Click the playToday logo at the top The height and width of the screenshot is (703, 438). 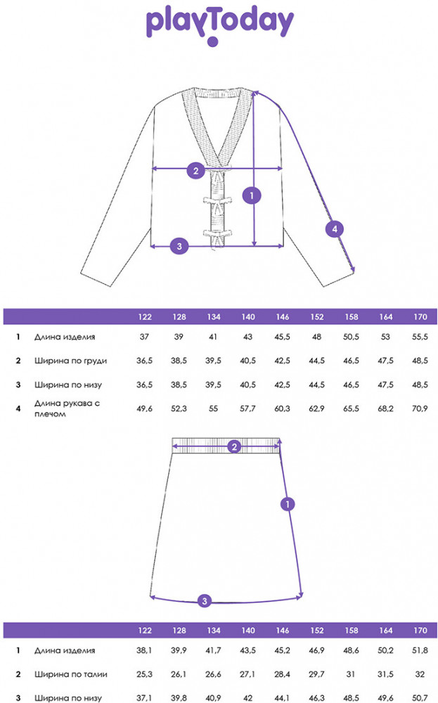[x=219, y=25]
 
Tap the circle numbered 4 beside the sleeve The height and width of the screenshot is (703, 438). [x=335, y=229]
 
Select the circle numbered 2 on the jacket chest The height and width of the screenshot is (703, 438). [x=196, y=170]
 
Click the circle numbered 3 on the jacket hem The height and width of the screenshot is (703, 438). [x=179, y=245]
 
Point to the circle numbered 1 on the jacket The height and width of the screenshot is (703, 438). [x=252, y=195]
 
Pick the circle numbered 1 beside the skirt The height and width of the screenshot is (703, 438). [x=288, y=504]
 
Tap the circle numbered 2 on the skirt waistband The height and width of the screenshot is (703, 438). [x=234, y=446]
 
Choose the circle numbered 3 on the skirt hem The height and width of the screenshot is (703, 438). [x=205, y=601]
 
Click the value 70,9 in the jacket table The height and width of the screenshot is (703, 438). [x=420, y=408]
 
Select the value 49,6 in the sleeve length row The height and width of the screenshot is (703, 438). [x=144, y=408]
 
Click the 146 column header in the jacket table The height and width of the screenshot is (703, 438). [x=283, y=317]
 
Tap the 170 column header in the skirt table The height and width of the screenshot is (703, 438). [x=420, y=631]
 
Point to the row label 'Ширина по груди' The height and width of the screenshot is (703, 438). [x=70, y=361]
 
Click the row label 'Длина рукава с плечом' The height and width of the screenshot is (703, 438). [x=67, y=408]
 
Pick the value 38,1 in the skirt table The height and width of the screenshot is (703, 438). [x=144, y=650]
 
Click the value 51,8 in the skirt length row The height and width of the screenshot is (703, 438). [x=420, y=650]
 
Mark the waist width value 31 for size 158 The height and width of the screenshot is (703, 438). [x=351, y=674]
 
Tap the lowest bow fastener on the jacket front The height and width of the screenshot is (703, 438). [x=218, y=233]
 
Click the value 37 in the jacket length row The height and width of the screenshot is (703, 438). [x=144, y=337]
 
